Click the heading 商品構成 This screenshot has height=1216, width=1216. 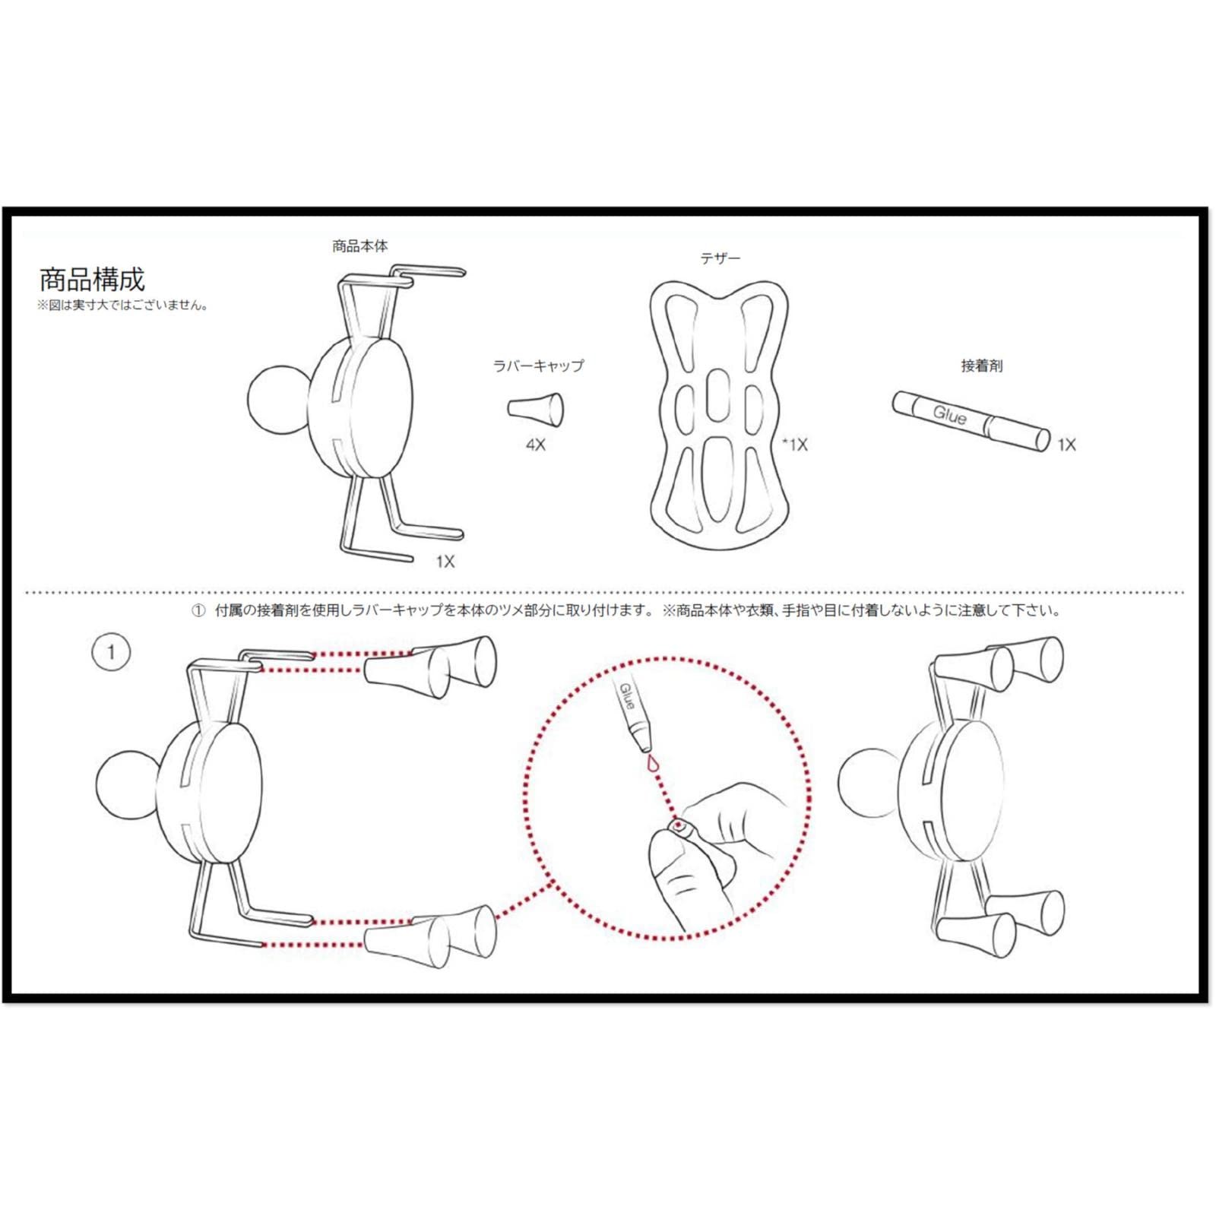pos(91,280)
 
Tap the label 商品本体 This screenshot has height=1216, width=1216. pos(359,246)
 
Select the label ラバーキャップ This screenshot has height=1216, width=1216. pos(538,366)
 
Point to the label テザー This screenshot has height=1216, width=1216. pos(720,258)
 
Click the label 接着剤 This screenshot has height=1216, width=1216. pos(981,366)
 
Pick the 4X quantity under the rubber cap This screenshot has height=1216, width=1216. pos(535,445)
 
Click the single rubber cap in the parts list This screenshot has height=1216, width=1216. pos(536,409)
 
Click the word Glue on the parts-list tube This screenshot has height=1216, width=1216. pos(949,415)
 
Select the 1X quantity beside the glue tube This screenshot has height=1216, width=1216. pos(1066,445)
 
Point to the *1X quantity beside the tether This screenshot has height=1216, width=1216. pos(795,445)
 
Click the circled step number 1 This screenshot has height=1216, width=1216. pos(111,652)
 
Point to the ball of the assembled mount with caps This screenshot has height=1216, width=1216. pos(868,781)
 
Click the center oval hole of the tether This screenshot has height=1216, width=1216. pos(718,394)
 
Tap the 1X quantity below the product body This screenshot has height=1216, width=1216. pos(445,562)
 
